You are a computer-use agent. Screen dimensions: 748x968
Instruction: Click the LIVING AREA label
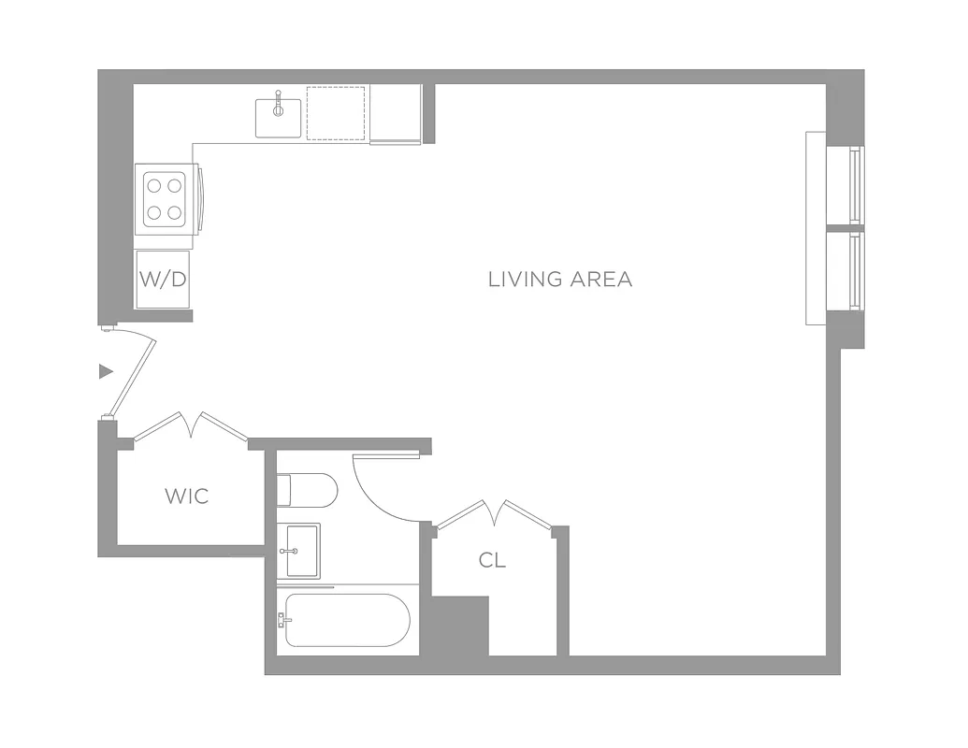click(560, 279)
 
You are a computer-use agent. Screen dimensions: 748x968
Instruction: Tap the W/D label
click(163, 279)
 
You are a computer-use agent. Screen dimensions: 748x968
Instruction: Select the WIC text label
click(187, 496)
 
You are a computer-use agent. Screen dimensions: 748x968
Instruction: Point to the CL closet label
click(493, 560)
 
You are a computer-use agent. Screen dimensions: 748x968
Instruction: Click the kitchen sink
click(279, 118)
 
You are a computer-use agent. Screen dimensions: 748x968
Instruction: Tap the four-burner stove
click(165, 199)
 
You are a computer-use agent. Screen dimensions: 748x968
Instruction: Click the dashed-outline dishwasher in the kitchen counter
click(336, 113)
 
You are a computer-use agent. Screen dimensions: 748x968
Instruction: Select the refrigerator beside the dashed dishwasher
click(396, 113)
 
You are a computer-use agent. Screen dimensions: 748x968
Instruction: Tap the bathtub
click(348, 620)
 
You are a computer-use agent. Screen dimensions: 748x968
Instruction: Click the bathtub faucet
click(281, 620)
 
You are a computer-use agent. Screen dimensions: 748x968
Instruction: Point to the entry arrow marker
click(106, 371)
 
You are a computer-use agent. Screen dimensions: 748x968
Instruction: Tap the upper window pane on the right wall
click(855, 184)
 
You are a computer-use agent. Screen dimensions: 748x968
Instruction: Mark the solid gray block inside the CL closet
click(459, 625)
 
